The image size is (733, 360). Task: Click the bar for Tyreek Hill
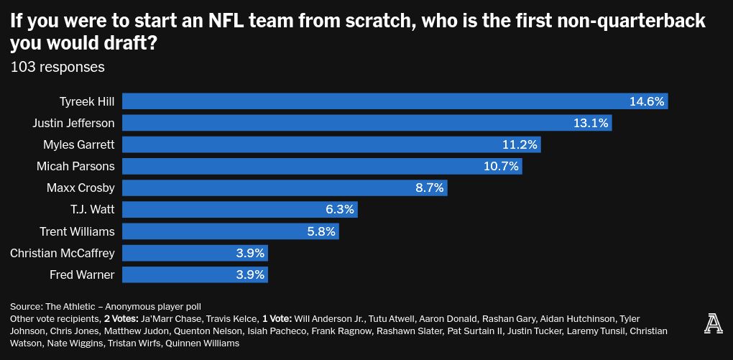(x=395, y=101)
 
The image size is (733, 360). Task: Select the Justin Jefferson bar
(x=367, y=123)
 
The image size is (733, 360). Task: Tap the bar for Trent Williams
(x=231, y=231)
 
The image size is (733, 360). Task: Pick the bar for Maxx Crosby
(x=285, y=188)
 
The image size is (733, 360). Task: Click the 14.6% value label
(x=647, y=101)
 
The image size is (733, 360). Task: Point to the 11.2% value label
(x=520, y=144)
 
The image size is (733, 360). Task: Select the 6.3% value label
(x=340, y=210)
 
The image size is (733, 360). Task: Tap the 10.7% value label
(x=501, y=167)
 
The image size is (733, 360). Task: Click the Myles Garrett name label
(x=78, y=144)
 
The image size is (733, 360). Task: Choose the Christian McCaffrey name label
(x=63, y=253)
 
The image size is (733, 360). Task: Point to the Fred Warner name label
(x=82, y=274)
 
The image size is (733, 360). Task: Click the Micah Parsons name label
(x=75, y=167)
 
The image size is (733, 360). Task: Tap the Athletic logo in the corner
(x=713, y=324)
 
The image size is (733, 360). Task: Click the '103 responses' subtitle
(x=57, y=67)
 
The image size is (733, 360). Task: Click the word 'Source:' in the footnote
(x=26, y=307)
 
